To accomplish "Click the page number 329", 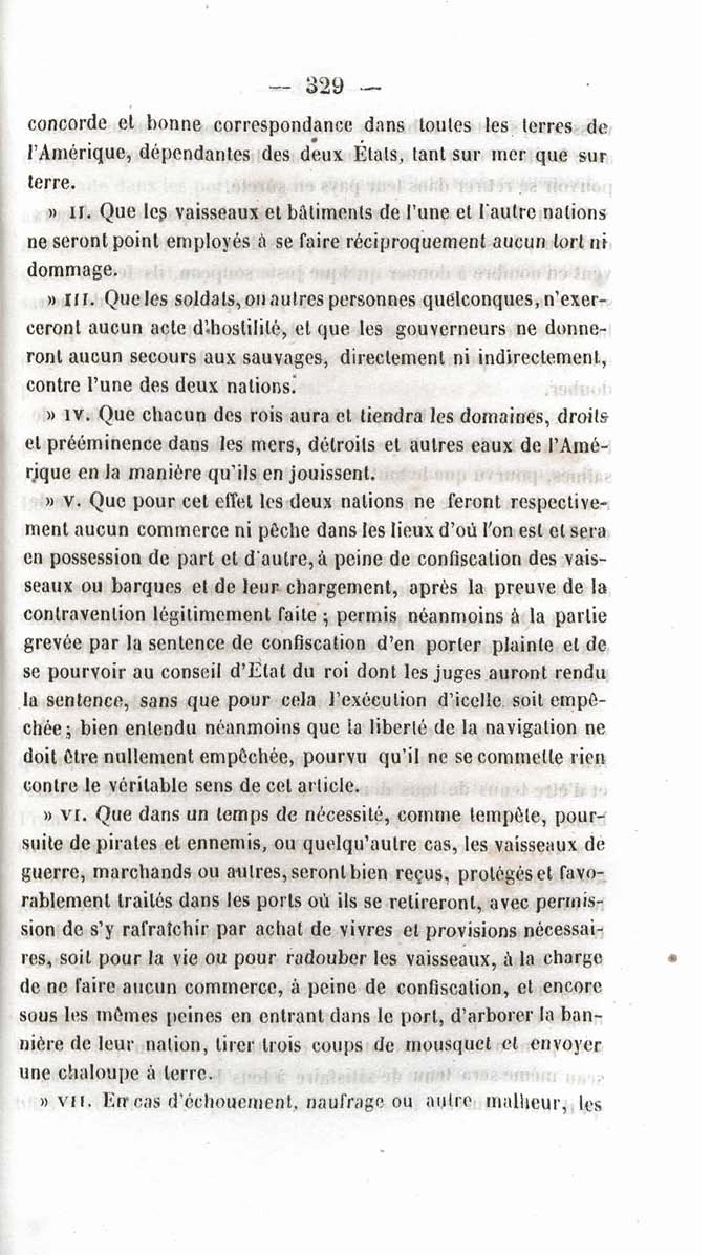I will [324, 85].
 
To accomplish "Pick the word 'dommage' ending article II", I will [69, 270].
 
